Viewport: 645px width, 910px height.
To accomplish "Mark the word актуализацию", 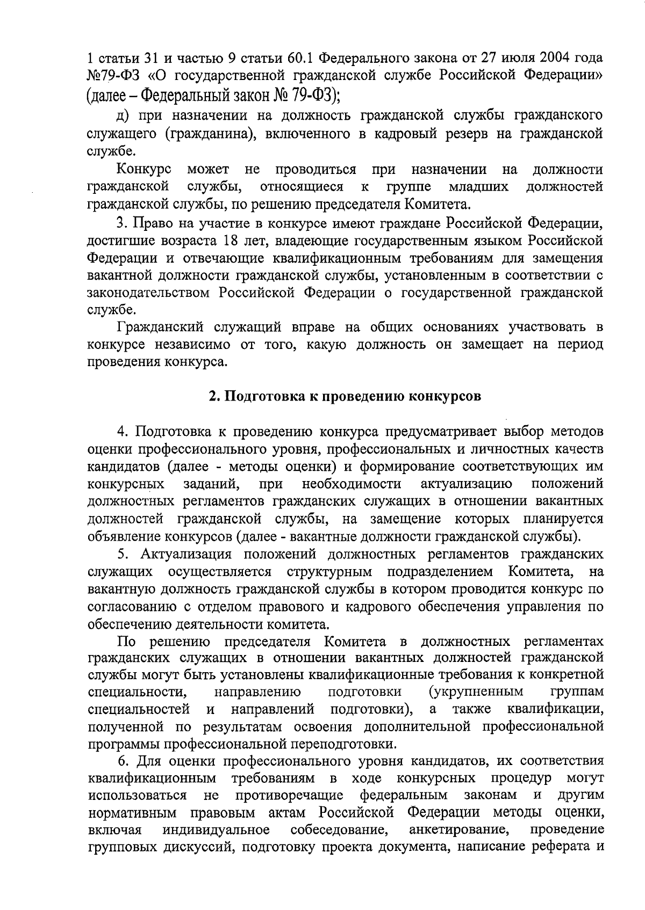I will point(466,484).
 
